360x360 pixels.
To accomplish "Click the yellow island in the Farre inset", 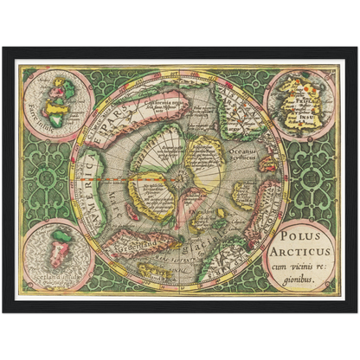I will pyautogui.click(x=58, y=88).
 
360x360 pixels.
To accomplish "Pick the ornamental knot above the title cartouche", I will pyautogui.click(x=307, y=177).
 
